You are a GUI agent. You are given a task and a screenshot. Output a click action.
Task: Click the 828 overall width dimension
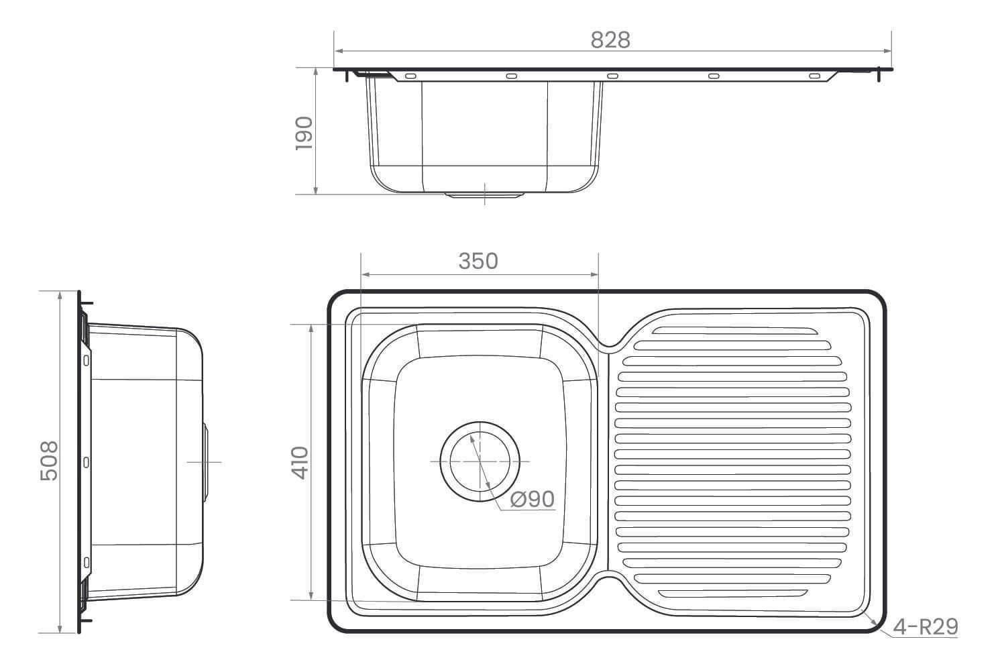tap(610, 40)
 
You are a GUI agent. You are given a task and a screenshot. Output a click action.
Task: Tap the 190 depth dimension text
tap(304, 133)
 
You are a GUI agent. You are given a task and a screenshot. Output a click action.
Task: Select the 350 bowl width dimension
tap(478, 261)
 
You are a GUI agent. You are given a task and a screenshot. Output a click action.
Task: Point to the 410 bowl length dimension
tap(300, 462)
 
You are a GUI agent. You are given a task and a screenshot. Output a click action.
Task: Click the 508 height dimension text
tap(49, 461)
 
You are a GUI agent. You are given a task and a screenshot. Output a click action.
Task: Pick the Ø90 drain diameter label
tap(533, 499)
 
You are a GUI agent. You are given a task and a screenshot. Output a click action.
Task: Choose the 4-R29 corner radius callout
tap(926, 627)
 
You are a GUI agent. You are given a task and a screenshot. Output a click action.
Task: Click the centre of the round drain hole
tap(480, 461)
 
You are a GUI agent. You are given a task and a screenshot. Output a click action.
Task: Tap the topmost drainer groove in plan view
tap(734, 331)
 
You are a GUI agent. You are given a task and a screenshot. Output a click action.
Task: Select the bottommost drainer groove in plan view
tap(732, 594)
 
